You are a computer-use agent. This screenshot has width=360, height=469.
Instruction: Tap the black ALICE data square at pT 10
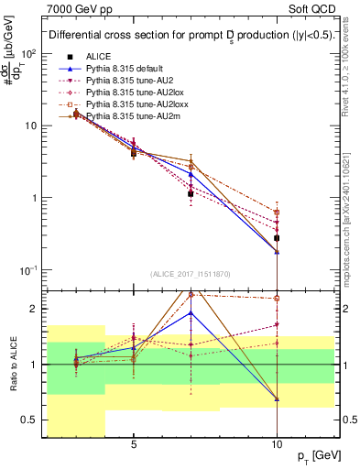coord(277,238)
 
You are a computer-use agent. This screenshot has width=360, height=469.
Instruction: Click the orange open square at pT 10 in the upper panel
coord(277,212)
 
